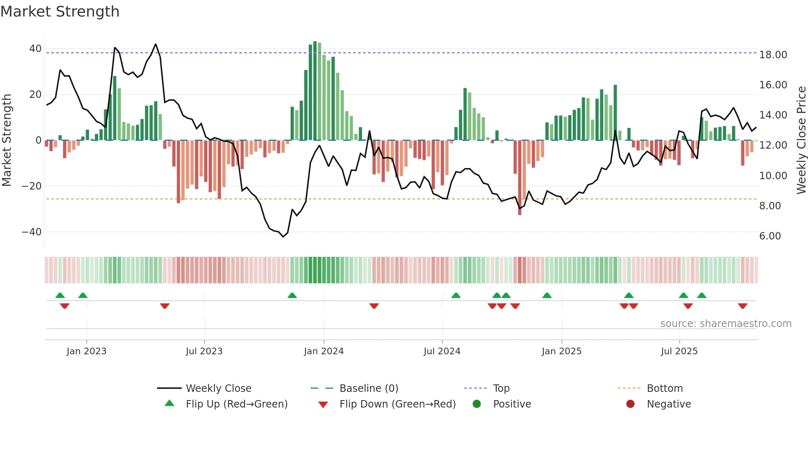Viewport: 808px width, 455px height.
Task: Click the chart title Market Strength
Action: (x=60, y=12)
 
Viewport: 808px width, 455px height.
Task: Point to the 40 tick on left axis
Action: (x=35, y=49)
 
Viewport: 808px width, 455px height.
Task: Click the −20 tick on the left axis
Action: (x=32, y=186)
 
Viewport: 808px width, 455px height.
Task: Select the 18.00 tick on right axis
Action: (x=773, y=55)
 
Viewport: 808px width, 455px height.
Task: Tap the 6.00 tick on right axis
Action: (x=770, y=236)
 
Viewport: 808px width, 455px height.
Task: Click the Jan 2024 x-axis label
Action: (x=324, y=351)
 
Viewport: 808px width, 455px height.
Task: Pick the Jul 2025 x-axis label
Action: (x=679, y=351)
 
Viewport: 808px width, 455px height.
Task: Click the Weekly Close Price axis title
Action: (x=801, y=140)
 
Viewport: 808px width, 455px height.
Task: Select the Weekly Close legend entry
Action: (x=218, y=389)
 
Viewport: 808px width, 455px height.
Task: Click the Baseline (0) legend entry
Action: (x=369, y=389)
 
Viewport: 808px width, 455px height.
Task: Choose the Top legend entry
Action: (x=501, y=389)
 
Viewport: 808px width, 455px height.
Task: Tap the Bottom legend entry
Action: (x=665, y=389)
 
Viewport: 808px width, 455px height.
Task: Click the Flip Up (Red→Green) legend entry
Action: (x=236, y=404)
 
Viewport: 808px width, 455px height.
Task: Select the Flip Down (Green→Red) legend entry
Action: (x=397, y=404)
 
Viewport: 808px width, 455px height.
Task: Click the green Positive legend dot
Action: (x=477, y=404)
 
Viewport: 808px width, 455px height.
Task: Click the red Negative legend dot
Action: (x=630, y=404)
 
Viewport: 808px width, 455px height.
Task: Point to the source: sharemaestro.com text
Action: (x=726, y=324)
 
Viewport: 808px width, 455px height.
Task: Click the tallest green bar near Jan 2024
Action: (x=315, y=91)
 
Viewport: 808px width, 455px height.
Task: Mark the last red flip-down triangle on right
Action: (x=742, y=306)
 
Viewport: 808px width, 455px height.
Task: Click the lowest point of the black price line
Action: (x=283, y=237)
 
